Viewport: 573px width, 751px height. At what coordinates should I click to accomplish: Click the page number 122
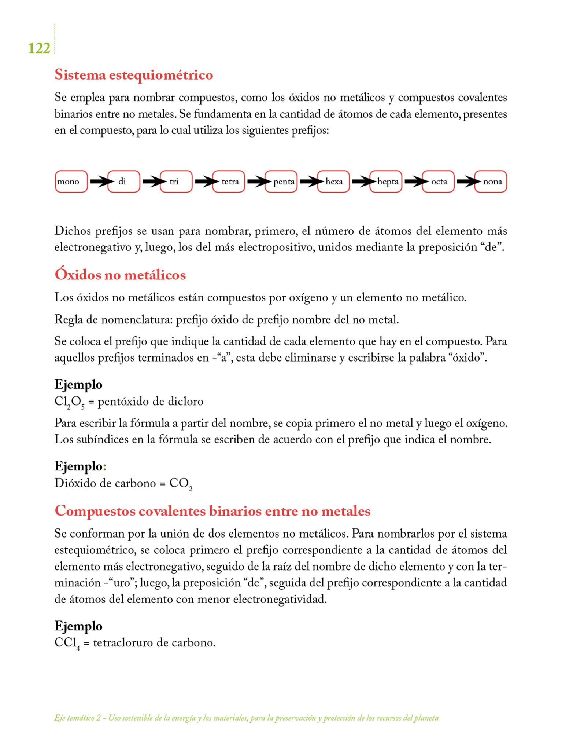pyautogui.click(x=39, y=48)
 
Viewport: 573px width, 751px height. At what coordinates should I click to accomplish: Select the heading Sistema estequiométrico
pyautogui.click(x=134, y=75)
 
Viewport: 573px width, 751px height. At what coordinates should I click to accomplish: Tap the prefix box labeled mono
pyautogui.click(x=71, y=182)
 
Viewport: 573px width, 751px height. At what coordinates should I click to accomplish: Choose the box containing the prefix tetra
pyautogui.click(x=229, y=182)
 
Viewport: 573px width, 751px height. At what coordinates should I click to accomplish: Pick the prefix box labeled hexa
pyautogui.click(x=333, y=182)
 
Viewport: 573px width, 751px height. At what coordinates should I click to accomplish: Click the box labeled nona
pyautogui.click(x=491, y=182)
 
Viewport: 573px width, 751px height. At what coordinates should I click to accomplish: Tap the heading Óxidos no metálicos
pyautogui.click(x=120, y=275)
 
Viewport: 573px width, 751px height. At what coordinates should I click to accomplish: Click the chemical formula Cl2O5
pyautogui.click(x=70, y=402)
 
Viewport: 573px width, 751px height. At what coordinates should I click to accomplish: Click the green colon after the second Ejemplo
pyautogui.click(x=105, y=467)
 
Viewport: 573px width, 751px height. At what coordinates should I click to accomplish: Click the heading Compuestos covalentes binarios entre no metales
pyautogui.click(x=212, y=511)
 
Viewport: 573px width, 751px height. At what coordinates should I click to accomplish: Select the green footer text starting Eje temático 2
pyautogui.click(x=246, y=718)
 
